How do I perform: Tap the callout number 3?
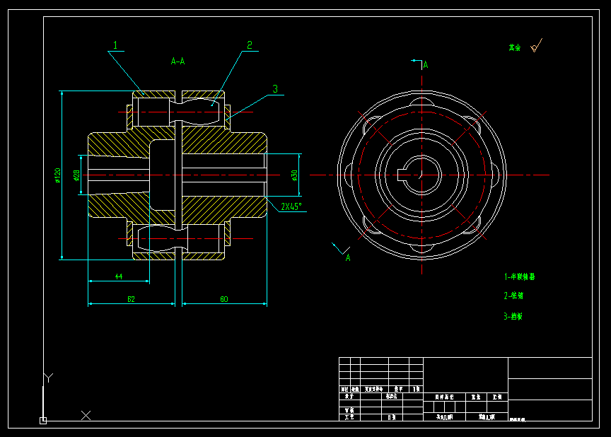tap(275, 89)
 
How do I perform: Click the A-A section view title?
tap(178, 62)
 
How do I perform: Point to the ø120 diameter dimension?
tap(58, 175)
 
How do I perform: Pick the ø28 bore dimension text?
tap(76, 175)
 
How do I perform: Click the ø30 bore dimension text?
tap(293, 175)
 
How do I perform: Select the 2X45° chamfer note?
tap(291, 206)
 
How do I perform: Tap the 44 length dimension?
tap(118, 276)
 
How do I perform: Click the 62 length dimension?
tap(131, 299)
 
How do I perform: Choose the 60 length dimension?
tap(224, 299)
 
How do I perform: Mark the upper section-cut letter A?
tap(426, 65)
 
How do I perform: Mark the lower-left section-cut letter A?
tap(348, 258)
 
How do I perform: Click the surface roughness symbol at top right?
tap(535, 47)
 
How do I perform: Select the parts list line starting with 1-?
tap(519, 276)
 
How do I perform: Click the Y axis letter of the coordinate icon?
tap(47, 378)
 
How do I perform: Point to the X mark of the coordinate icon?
tap(86, 415)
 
